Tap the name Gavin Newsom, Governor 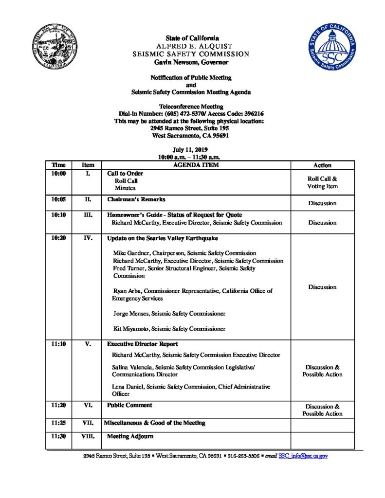click(192, 62)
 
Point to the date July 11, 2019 click(192, 150)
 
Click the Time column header click(58, 165)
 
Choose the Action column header click(322, 165)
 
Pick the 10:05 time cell click(58, 199)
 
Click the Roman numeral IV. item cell click(88, 238)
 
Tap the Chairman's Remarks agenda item click(136, 199)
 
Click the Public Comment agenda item click(129, 405)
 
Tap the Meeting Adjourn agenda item click(130, 436)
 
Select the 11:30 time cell click(58, 436)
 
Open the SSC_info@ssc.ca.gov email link click(303, 456)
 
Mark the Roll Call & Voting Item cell click(322, 182)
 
